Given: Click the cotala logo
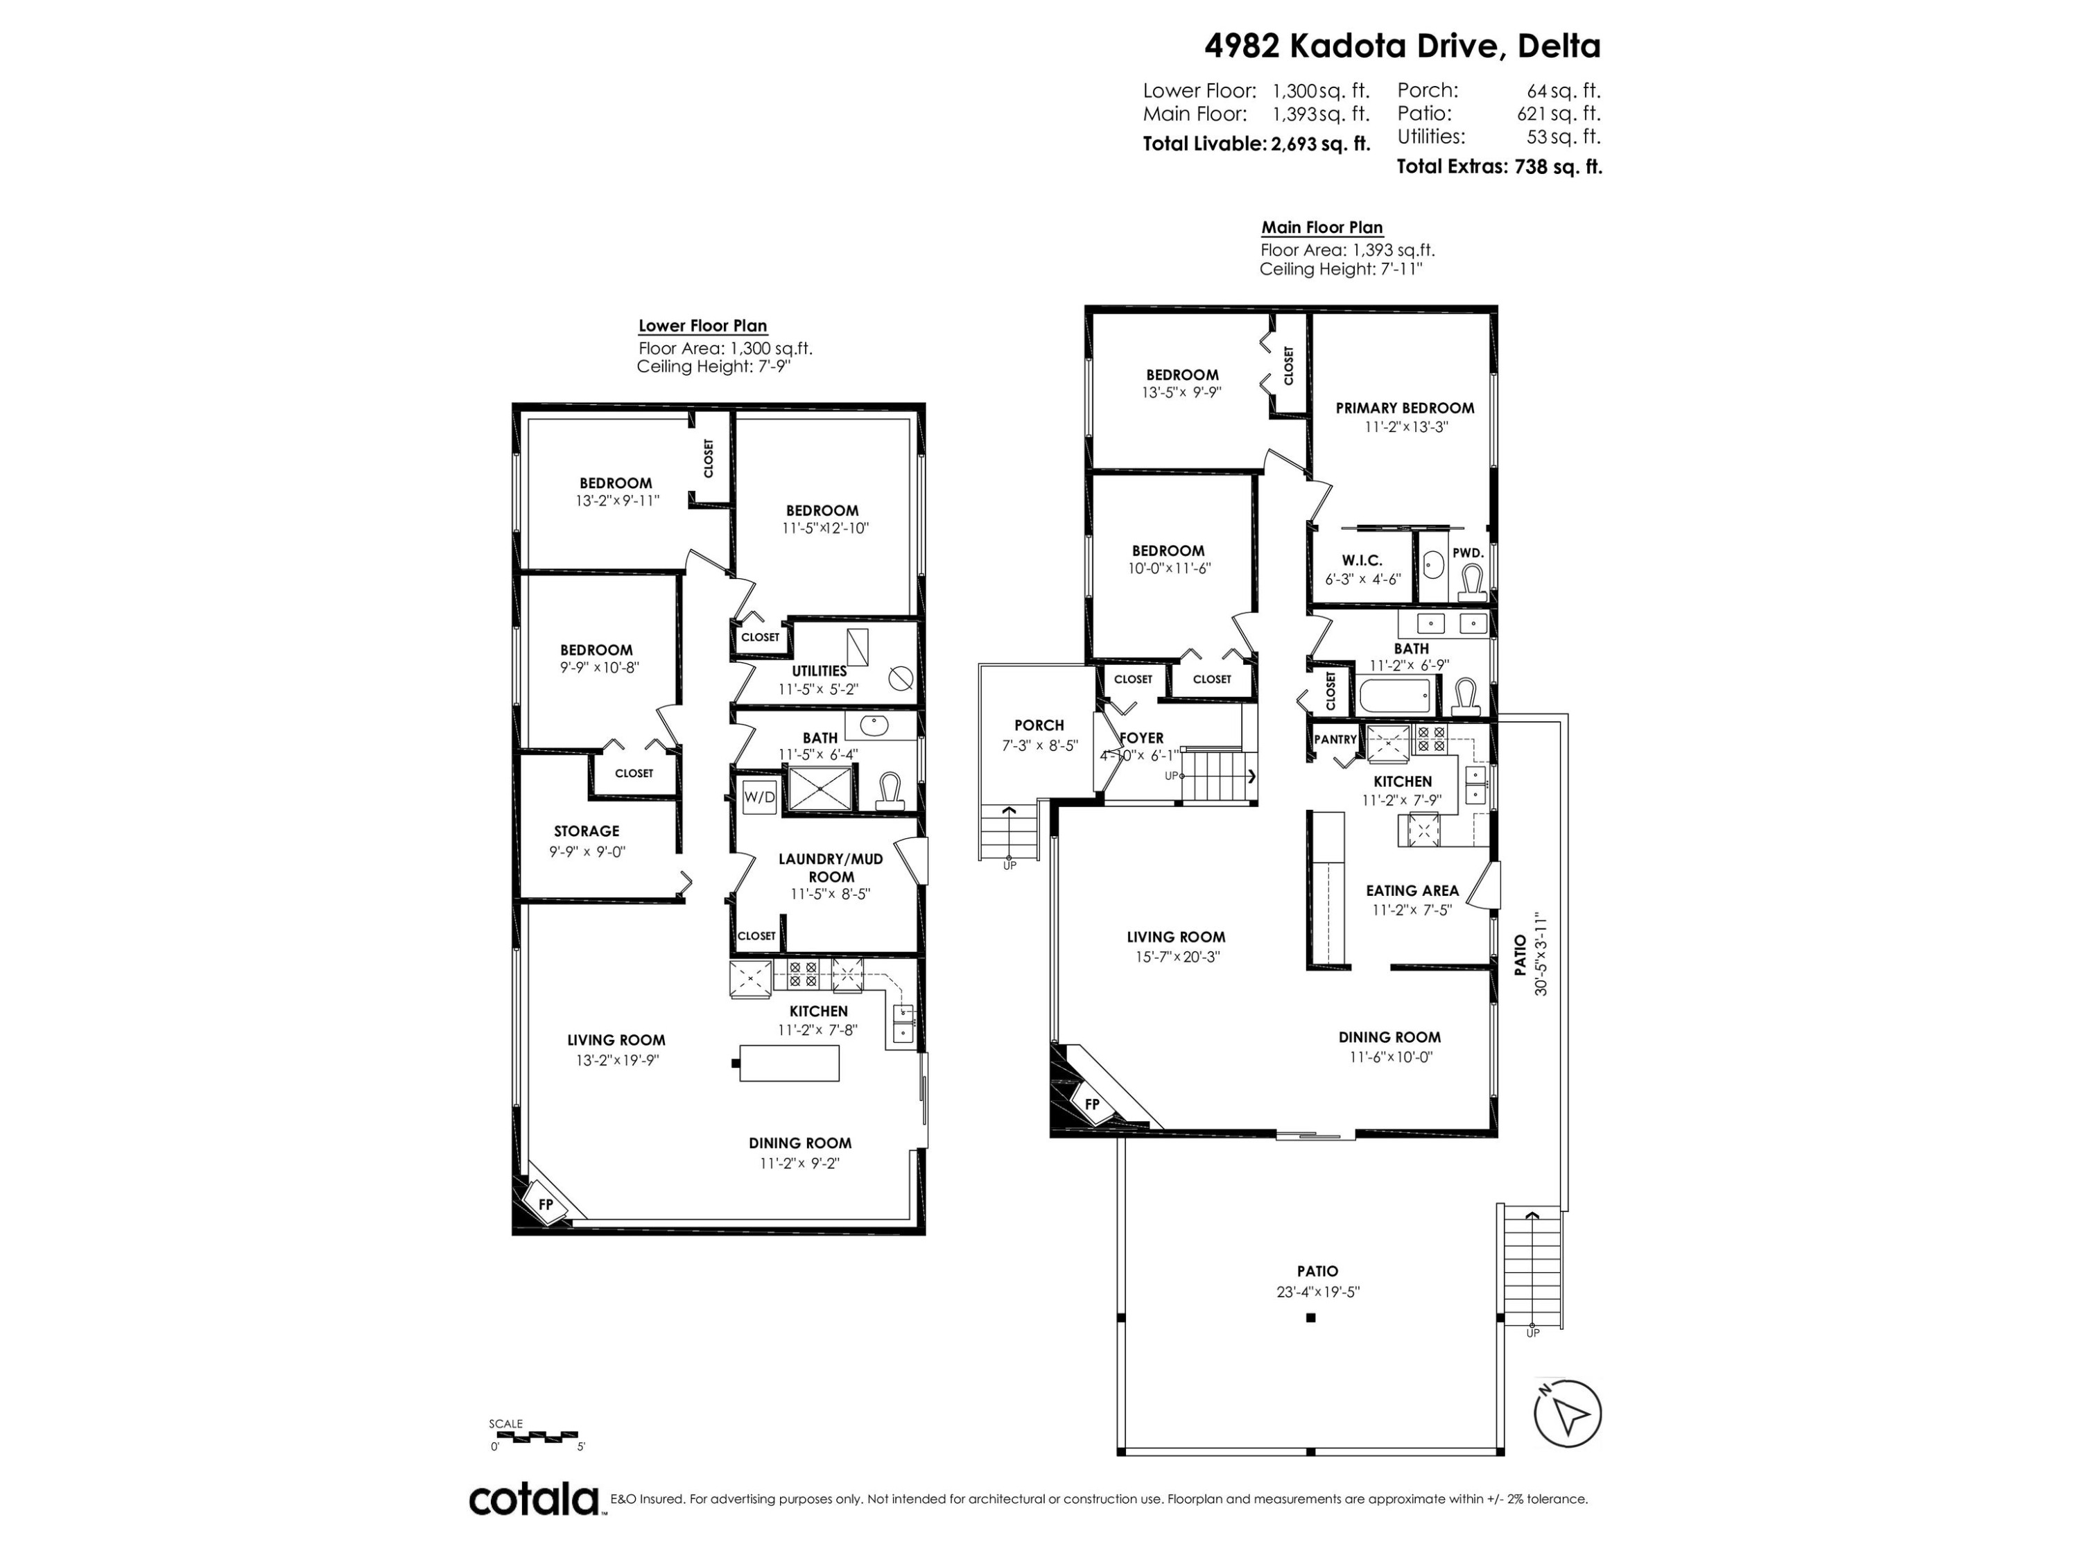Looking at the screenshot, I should (x=533, y=1499).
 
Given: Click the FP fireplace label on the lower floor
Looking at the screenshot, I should (x=544, y=1204).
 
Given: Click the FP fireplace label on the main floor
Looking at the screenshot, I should (x=1092, y=1104).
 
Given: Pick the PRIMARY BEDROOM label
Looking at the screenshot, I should (x=1405, y=408).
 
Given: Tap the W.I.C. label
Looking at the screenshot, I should (x=1362, y=560).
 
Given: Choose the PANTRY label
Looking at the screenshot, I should (x=1335, y=739).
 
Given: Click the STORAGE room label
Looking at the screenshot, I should (x=586, y=831).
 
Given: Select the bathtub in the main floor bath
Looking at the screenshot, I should (x=1396, y=697).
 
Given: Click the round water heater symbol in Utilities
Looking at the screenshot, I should (x=900, y=676).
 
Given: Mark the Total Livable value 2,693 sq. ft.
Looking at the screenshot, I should (x=1320, y=145).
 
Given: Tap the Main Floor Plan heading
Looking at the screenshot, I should (x=1321, y=227).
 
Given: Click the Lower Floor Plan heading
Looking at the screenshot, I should (x=702, y=327).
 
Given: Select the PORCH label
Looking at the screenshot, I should (x=1039, y=725).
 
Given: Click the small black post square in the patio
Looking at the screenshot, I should (x=1311, y=1318).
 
